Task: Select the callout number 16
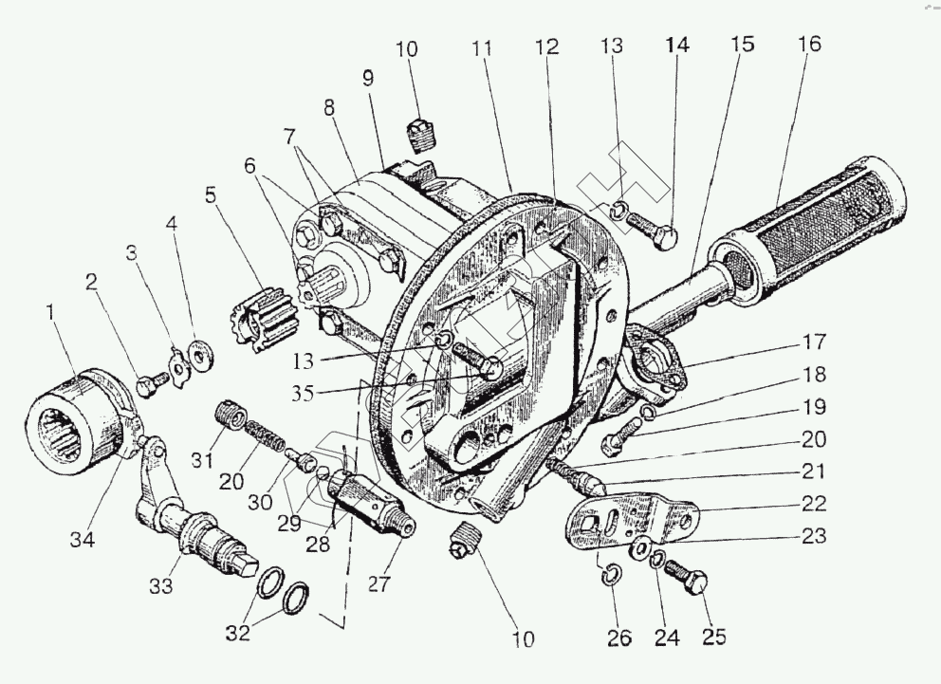[810, 46]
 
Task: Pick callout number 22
[812, 503]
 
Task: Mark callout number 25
[713, 636]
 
